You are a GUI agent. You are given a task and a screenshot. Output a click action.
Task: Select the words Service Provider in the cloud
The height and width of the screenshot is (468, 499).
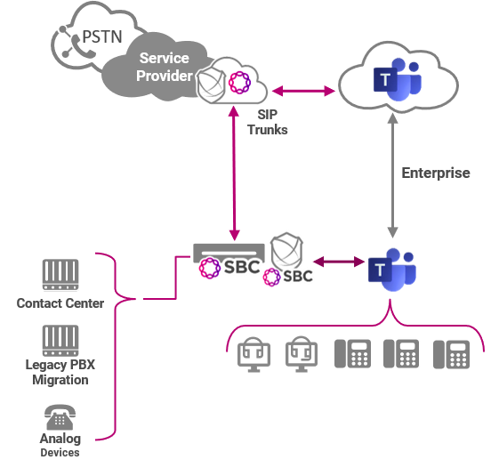[164, 67]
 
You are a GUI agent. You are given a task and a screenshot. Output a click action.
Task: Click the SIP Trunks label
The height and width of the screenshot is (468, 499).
[267, 123]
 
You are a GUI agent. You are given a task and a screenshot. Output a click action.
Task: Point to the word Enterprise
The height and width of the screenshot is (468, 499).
[435, 173]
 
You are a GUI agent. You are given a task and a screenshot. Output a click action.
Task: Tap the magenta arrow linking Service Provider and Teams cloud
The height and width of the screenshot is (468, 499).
[303, 90]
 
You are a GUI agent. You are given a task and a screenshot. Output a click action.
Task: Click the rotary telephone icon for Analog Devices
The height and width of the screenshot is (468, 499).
[60, 416]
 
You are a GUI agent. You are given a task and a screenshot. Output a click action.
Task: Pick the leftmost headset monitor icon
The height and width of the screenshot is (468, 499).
[254, 354]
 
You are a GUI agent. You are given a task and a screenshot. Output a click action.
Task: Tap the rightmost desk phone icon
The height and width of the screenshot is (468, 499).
[450, 353]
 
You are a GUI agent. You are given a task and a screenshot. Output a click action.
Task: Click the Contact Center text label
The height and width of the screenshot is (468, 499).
[60, 303]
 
